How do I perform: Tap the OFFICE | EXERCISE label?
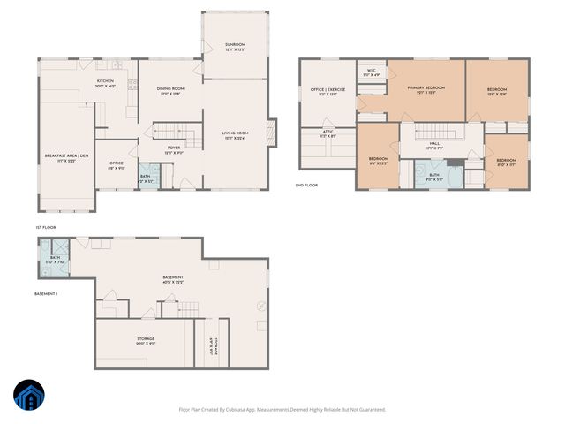[x=326, y=91]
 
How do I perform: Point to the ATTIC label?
[x=328, y=133]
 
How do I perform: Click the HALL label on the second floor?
[x=434, y=145]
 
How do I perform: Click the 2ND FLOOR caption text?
[x=306, y=185]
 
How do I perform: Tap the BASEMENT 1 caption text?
[x=45, y=292]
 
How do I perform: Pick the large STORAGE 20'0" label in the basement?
[x=146, y=340]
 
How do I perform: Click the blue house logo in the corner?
[x=28, y=397]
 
